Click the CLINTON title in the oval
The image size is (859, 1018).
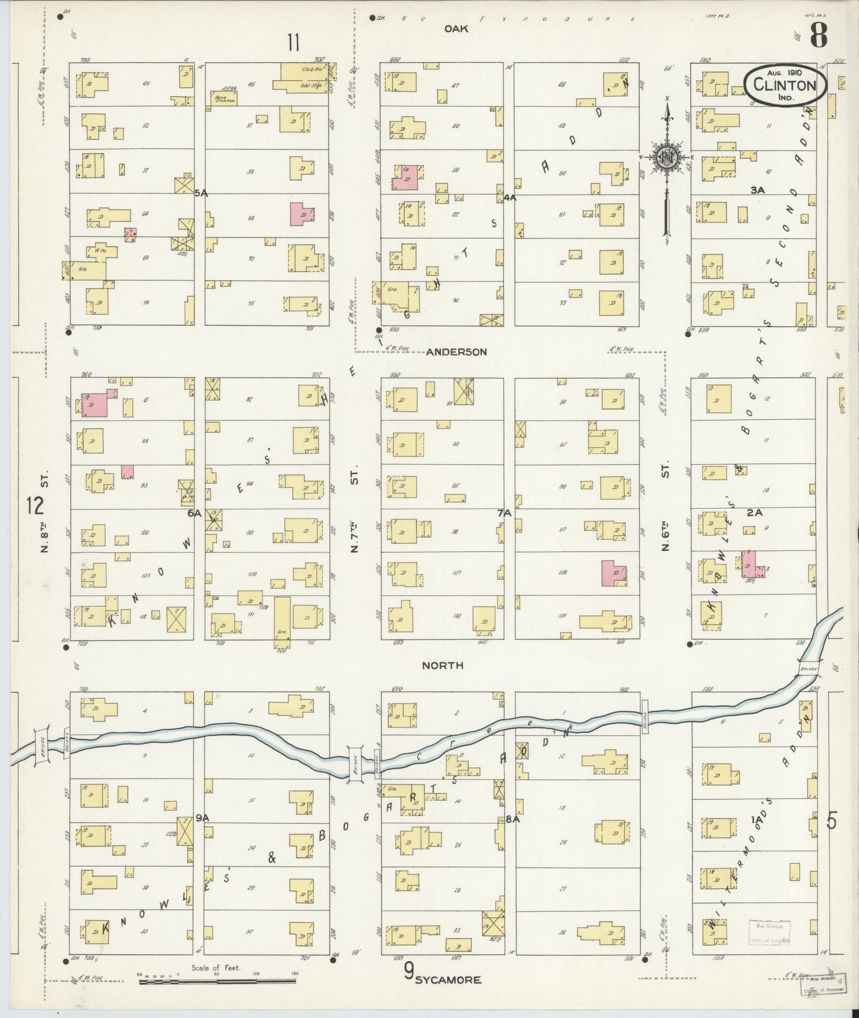(x=784, y=85)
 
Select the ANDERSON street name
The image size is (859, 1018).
(x=456, y=352)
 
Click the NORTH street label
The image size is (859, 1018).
(x=442, y=666)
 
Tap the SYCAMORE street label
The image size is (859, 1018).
(x=447, y=980)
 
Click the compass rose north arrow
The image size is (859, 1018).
(x=668, y=157)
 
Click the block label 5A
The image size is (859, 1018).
(x=201, y=193)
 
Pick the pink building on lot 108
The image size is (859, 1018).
(x=614, y=573)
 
